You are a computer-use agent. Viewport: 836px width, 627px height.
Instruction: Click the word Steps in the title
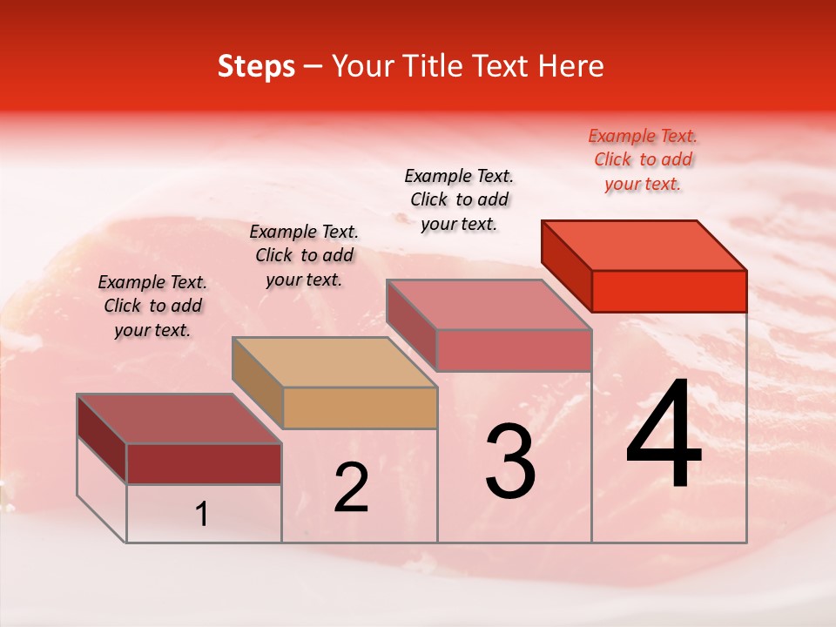click(x=256, y=66)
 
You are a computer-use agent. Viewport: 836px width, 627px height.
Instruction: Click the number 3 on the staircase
click(x=510, y=462)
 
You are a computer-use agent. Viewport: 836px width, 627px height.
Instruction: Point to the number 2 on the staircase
click(x=351, y=488)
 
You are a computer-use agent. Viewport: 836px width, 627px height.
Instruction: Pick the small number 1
click(x=202, y=515)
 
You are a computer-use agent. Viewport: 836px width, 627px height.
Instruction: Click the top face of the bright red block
click(x=644, y=245)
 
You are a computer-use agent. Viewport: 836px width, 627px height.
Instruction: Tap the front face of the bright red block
click(x=669, y=291)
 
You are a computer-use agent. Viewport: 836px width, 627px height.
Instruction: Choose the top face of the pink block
click(x=489, y=305)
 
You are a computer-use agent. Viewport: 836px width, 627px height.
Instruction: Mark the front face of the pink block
click(x=514, y=350)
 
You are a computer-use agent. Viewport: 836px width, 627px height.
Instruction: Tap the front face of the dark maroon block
click(x=204, y=463)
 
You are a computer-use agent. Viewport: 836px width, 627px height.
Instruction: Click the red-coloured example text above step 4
click(x=643, y=159)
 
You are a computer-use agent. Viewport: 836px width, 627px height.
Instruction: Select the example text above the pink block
click(x=459, y=199)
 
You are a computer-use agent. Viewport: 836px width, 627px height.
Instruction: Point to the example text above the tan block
click(x=304, y=255)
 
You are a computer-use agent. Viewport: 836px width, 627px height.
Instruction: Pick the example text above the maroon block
click(x=152, y=306)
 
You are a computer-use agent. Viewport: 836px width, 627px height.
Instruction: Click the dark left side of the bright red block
click(x=566, y=265)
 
